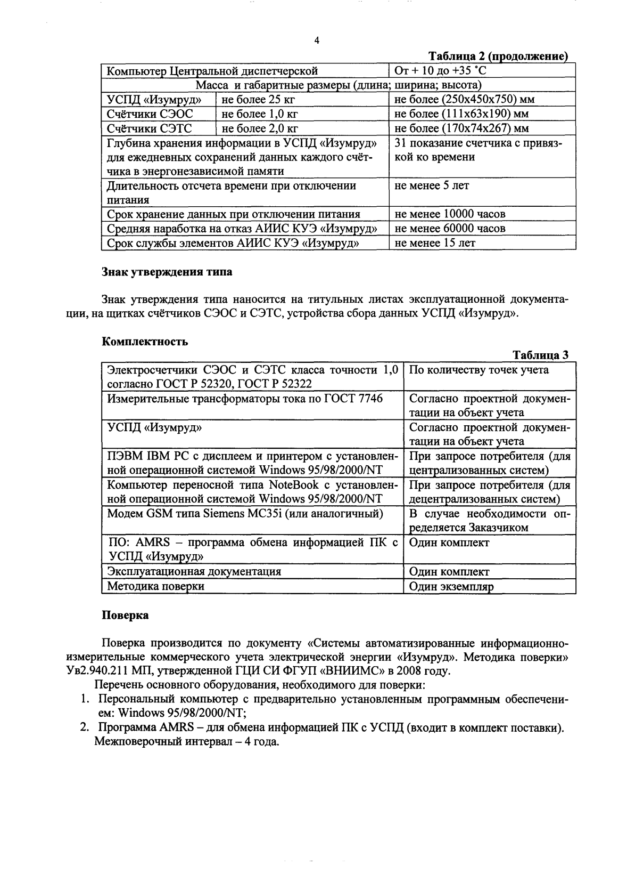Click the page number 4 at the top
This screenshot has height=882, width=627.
(x=317, y=41)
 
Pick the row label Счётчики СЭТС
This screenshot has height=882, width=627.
(x=150, y=128)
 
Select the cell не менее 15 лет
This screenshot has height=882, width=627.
(x=435, y=243)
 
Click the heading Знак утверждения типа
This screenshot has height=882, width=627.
(x=167, y=272)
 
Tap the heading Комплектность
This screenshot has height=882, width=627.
(x=145, y=342)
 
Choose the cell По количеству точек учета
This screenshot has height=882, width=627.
(x=478, y=370)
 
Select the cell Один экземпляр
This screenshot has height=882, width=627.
(x=451, y=587)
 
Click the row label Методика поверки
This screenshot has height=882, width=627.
(x=156, y=586)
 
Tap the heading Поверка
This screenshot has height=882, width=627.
(x=125, y=615)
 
